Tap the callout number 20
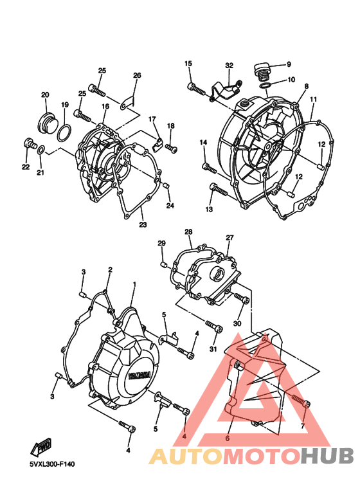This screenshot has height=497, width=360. pos(45,95)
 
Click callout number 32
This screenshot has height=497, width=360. pos(229,66)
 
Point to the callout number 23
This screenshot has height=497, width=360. pos(143,224)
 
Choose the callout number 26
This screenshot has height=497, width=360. pos(137,75)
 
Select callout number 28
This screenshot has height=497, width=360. pos(188,231)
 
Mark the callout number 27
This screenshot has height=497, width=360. pos(229,237)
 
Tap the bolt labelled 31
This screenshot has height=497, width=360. pos(213,329)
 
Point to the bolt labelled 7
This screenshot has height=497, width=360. pos(302,402)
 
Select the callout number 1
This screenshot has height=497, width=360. pos(135,284)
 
